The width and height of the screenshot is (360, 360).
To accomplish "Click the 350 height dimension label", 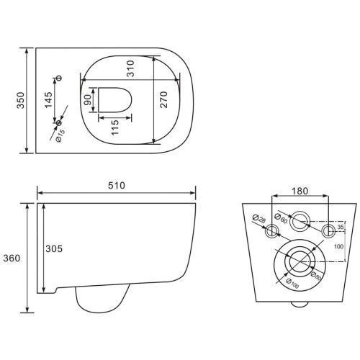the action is pyautogui.click(x=21, y=100).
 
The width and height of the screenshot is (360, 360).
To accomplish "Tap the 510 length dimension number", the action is pyautogui.click(x=117, y=186).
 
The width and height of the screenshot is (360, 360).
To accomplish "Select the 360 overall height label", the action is pyautogui.click(x=12, y=258).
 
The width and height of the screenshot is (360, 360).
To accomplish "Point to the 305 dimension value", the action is pyautogui.click(x=54, y=248).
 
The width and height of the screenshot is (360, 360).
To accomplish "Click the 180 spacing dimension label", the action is pyautogui.click(x=300, y=191).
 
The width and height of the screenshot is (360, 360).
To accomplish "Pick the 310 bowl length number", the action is pyautogui.click(x=131, y=68).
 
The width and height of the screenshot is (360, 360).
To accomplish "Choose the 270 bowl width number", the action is pyautogui.click(x=163, y=99).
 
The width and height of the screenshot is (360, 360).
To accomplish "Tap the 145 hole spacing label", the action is pyautogui.click(x=48, y=100).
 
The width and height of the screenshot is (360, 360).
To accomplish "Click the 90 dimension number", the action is pyautogui.click(x=88, y=100).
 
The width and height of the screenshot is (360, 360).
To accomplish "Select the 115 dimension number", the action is pyautogui.click(x=115, y=127).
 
